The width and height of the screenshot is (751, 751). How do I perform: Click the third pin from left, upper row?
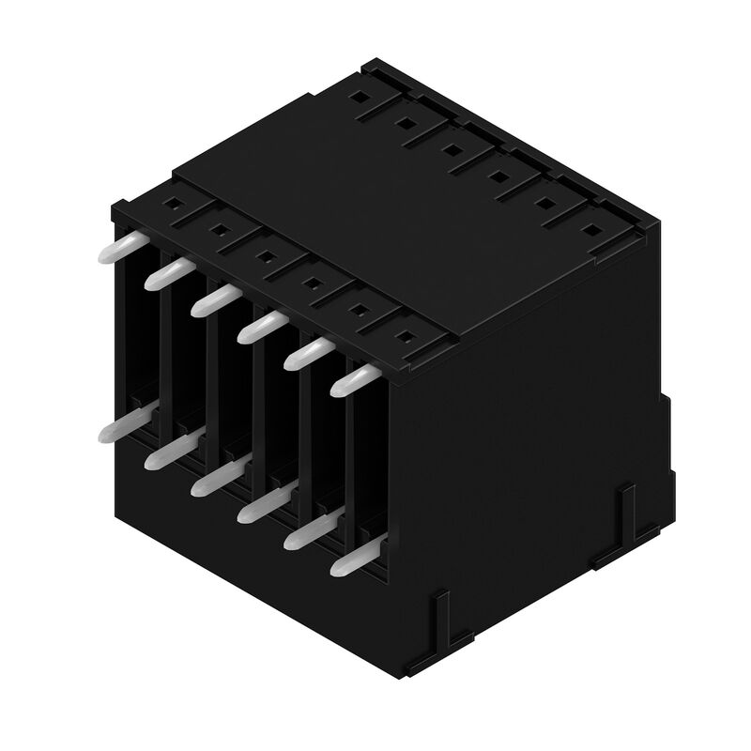[x=214, y=299]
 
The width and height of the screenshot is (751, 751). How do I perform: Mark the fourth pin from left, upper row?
[x=262, y=326]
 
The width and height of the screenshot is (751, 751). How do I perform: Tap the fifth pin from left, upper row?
[x=310, y=352]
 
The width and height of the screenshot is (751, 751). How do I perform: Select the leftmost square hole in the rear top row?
[x=360, y=95]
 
